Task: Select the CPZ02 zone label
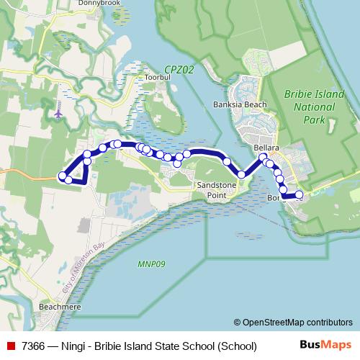(179, 69)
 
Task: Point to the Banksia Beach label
(240, 104)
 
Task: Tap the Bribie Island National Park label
(309, 107)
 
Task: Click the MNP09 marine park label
(151, 264)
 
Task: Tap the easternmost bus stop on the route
(300, 195)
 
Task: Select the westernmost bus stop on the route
(62, 175)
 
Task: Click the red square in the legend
(10, 346)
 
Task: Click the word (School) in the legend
(233, 346)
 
